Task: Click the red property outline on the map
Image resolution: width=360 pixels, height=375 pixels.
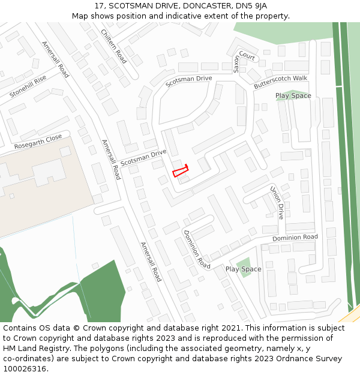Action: coord(181,171)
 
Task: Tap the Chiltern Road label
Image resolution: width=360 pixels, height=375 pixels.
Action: coord(113,46)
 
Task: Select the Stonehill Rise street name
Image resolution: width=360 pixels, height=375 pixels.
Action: coord(28,87)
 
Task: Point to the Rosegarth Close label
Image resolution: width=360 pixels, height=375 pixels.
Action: coord(38,142)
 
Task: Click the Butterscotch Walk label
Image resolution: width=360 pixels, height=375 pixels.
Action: coord(280,82)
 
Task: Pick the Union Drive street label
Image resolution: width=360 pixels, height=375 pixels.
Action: coord(277,202)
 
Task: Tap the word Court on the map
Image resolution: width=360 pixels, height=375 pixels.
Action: coord(247,58)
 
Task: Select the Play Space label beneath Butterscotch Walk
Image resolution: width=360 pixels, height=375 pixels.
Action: coord(293,96)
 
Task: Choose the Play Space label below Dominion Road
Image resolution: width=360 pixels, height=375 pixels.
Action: coord(243,269)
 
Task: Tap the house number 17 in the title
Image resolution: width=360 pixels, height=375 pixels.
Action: coord(98,5)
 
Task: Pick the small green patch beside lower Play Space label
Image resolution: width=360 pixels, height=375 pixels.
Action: coord(243,265)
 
